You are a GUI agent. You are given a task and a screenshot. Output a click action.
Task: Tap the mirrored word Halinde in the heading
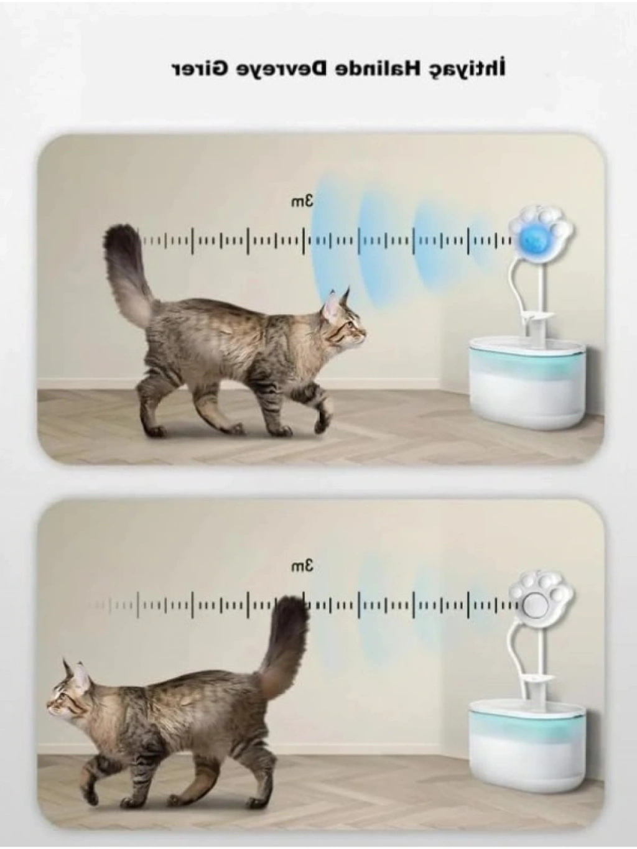(373, 70)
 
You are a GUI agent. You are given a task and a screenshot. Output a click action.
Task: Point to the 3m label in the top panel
(303, 202)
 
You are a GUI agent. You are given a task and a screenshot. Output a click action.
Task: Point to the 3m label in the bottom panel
(303, 567)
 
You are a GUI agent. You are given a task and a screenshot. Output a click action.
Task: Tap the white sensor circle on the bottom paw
(534, 605)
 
